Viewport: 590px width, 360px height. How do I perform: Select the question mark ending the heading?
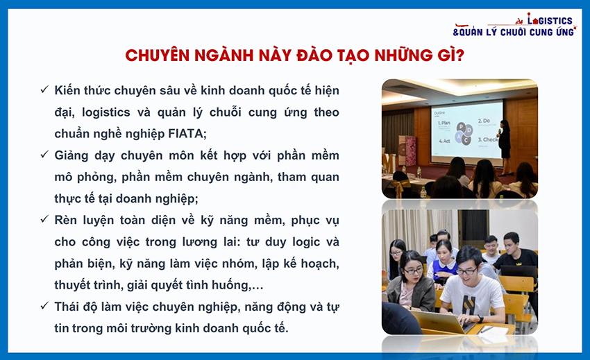click(x=460, y=55)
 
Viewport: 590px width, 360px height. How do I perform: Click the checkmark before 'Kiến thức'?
click(x=44, y=89)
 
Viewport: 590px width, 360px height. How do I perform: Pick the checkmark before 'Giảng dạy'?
click(x=44, y=154)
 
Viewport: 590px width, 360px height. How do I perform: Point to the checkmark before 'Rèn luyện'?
click(x=44, y=219)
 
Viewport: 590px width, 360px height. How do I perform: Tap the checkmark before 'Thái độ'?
click(x=44, y=305)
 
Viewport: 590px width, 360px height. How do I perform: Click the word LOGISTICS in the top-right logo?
click(x=550, y=20)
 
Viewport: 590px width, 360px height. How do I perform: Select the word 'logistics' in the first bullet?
click(x=106, y=112)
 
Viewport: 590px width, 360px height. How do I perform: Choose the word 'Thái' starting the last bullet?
click(x=69, y=307)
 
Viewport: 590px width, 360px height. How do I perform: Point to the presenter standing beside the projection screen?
click(x=505, y=148)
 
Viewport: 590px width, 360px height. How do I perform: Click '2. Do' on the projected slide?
click(x=484, y=121)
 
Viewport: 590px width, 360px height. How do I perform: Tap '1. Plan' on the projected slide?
click(x=444, y=123)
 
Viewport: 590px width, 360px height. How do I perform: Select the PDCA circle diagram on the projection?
click(x=464, y=133)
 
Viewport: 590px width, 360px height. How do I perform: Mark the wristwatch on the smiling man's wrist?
click(x=481, y=319)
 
